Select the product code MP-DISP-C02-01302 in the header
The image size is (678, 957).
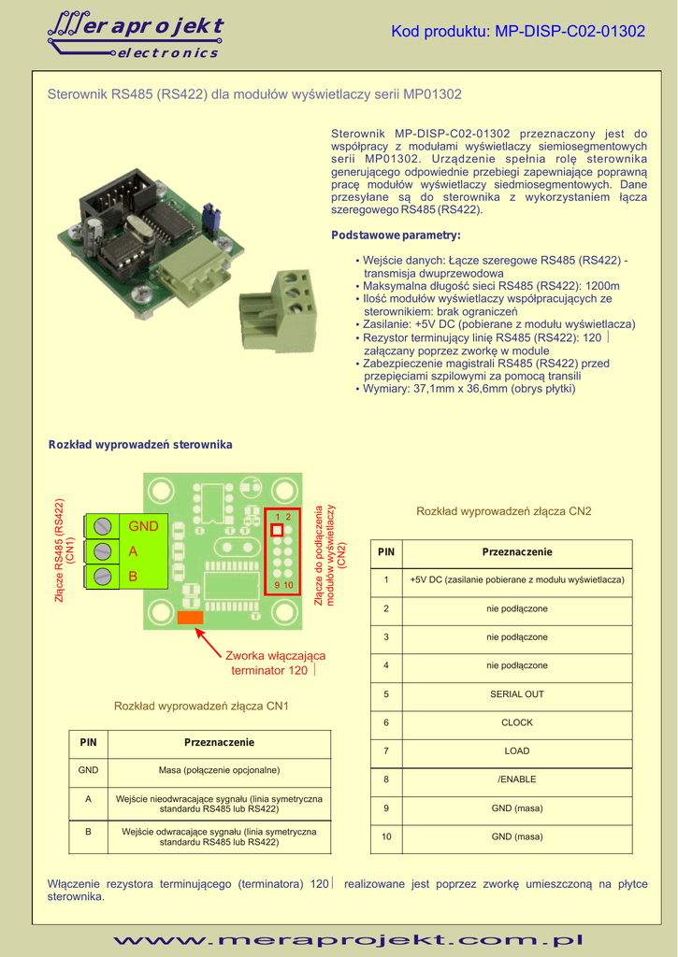click(518, 32)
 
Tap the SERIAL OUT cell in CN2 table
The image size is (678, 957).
click(516, 694)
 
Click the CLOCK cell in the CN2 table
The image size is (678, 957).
click(516, 722)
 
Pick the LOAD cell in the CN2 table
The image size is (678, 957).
click(516, 750)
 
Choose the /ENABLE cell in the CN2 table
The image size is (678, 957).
click(516, 779)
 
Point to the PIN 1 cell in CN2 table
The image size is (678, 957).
click(385, 580)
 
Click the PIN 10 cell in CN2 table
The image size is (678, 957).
click(385, 836)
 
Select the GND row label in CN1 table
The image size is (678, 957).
click(89, 771)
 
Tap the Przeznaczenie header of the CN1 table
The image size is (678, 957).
click(219, 742)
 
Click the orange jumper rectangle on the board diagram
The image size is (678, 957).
click(190, 617)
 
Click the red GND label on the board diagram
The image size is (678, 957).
click(144, 526)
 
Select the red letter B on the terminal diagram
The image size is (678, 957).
click(133, 577)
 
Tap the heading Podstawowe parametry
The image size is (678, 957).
click(397, 235)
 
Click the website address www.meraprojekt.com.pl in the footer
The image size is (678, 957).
click(347, 940)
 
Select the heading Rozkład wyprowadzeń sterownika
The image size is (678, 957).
click(140, 444)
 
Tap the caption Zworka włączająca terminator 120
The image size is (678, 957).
click(275, 663)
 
